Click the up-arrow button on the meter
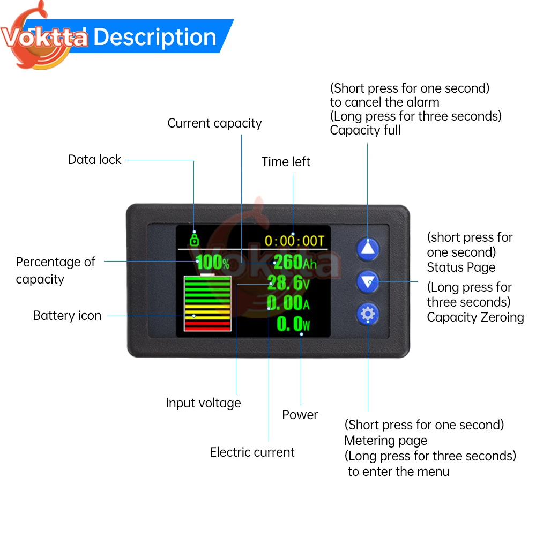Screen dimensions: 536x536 367,248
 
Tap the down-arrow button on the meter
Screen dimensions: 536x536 367,281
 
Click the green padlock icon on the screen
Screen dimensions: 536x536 194,239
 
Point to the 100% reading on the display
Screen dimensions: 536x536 212,263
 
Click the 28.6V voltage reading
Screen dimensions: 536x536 288,282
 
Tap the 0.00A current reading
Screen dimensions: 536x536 288,303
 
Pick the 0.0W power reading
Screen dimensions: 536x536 294,324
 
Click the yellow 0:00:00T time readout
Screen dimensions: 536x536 295,241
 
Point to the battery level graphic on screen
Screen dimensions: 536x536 207,303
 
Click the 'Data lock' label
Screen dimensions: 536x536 94,160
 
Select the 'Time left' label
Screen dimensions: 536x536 286,162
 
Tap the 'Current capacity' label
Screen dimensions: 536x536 214,123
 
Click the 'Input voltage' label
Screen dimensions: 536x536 203,403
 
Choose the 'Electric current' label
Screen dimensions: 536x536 252,452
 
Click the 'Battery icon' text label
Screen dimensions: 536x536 67,316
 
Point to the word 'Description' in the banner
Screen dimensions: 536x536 155,37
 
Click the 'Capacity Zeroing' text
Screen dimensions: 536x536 475,317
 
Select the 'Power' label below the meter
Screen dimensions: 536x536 300,415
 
